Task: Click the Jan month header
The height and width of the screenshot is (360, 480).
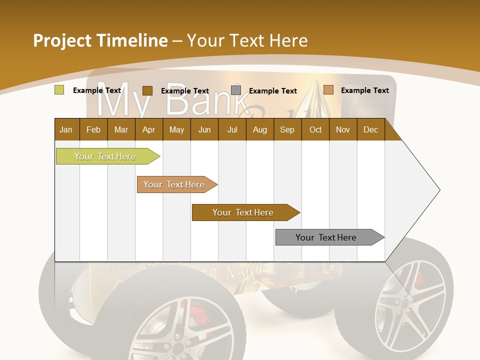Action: pos(66,129)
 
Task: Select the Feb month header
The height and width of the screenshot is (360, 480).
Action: pos(93,129)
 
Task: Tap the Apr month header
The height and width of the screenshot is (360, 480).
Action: pos(148,129)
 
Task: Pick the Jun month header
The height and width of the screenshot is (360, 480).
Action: pos(204,129)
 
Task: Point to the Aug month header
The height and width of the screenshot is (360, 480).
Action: pos(259,129)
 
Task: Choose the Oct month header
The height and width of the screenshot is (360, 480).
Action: pos(315,129)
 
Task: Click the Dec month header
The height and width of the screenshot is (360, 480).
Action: pos(370,129)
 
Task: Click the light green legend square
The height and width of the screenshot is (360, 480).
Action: pos(59,90)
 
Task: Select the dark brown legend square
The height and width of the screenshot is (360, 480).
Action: pos(147,90)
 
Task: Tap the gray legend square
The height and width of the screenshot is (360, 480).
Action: pos(236,90)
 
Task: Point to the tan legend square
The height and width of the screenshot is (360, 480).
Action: pos(328,90)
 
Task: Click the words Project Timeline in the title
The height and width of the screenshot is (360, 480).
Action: pos(100,40)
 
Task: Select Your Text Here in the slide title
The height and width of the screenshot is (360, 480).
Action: pos(247,40)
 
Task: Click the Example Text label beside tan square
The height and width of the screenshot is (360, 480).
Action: pos(364,90)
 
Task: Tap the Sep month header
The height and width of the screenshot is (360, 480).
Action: pos(287,129)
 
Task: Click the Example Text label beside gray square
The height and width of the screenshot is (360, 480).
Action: pos(272,90)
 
